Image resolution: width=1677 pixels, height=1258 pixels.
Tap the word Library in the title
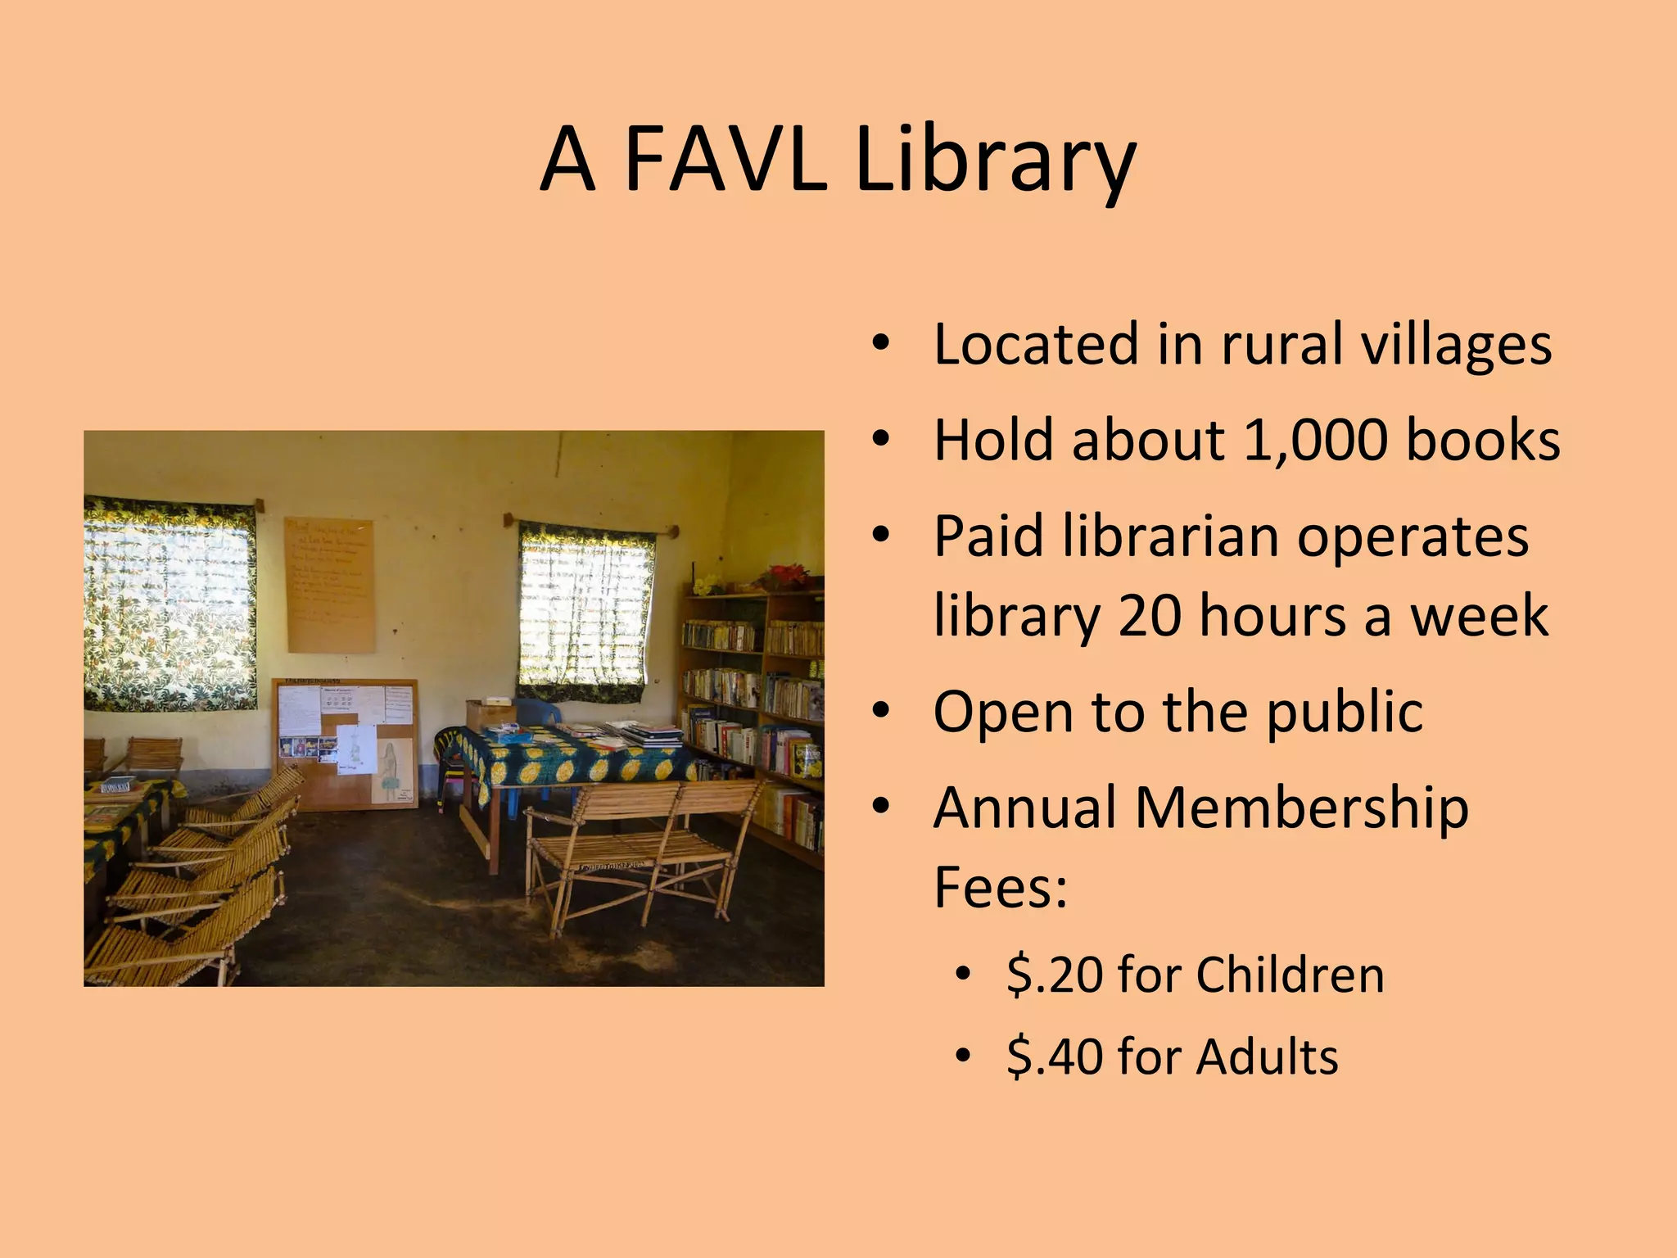pyautogui.click(x=994, y=160)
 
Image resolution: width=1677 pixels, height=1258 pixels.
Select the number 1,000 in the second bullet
pyautogui.click(x=1315, y=441)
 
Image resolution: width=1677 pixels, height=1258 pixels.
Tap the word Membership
pyautogui.click(x=1302, y=808)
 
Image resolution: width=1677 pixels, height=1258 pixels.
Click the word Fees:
pyautogui.click(x=1001, y=887)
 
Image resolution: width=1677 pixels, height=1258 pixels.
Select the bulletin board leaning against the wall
pyautogui.click(x=345, y=742)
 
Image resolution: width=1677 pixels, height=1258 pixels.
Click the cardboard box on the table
pyautogui.click(x=490, y=714)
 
